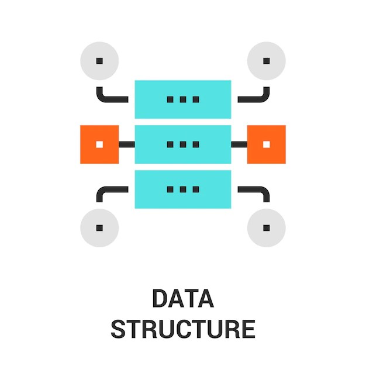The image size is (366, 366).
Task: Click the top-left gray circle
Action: click(x=99, y=61)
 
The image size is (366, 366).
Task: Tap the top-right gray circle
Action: click(x=267, y=61)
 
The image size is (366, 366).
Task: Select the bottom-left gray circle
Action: click(x=99, y=227)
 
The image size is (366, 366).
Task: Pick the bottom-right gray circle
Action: click(x=267, y=227)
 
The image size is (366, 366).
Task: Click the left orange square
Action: click(x=99, y=144)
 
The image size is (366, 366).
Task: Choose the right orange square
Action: click(x=267, y=144)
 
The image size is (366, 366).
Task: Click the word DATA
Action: click(x=183, y=298)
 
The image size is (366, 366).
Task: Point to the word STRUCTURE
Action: click(x=183, y=329)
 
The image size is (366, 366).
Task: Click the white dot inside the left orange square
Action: click(x=99, y=144)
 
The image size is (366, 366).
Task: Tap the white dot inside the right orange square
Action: click(x=267, y=144)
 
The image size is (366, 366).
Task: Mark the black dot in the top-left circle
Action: click(x=99, y=61)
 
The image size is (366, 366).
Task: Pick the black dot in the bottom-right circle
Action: click(x=267, y=227)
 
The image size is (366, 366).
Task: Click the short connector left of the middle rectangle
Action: click(x=127, y=144)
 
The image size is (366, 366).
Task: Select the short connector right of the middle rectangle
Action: click(x=239, y=144)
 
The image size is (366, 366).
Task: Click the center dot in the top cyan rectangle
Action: click(x=183, y=99)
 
